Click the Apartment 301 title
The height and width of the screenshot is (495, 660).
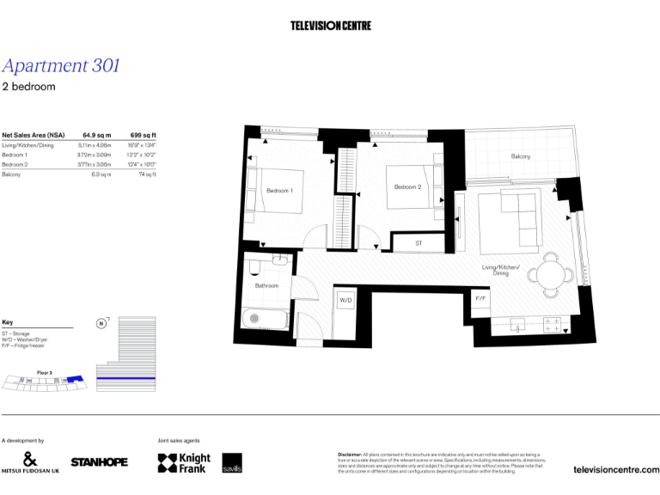61,65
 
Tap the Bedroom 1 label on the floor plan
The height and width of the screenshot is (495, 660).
279,190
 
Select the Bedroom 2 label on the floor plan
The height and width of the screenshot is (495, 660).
407,186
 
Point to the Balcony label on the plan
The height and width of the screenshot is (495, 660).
521,156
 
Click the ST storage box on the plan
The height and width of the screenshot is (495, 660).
419,244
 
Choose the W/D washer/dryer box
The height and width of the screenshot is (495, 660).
345,301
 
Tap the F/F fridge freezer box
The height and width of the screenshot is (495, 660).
480,298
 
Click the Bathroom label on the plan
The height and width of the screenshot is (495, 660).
266,285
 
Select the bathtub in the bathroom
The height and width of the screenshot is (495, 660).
265,320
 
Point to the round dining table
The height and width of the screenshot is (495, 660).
548,275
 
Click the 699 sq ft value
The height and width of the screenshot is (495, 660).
143,135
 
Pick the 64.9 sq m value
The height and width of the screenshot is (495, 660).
96,135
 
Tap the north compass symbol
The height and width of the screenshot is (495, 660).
101,324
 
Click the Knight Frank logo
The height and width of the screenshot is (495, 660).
184,463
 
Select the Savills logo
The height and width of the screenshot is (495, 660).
232,462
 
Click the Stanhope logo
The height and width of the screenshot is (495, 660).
99,462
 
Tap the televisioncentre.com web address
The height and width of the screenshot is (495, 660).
615,469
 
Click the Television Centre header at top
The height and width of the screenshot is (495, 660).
331,26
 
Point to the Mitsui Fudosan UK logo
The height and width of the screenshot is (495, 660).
30,462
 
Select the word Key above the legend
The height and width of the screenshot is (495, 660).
8,321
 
